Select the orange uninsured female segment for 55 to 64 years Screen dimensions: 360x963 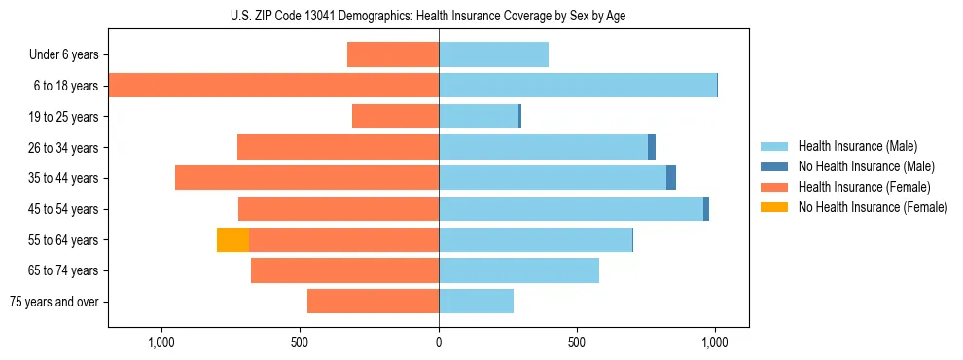click(x=232, y=239)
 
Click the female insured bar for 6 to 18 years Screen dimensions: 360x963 click(x=273, y=86)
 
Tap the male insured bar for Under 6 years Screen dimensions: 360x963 click(x=493, y=54)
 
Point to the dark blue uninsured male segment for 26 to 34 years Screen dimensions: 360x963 click(x=652, y=147)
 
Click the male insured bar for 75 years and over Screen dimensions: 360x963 click(x=476, y=302)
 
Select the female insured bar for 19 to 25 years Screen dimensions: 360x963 click(x=395, y=117)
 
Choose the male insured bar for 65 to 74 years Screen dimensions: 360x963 click(x=518, y=270)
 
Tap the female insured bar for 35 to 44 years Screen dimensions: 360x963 click(x=306, y=178)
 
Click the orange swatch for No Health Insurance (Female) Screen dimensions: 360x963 click(x=774, y=207)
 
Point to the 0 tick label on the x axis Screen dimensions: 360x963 click(x=439, y=342)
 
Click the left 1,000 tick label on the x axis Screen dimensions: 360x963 click(x=161, y=342)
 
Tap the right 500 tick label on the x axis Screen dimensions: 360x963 click(x=577, y=342)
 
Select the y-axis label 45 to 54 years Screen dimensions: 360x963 click(x=64, y=209)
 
